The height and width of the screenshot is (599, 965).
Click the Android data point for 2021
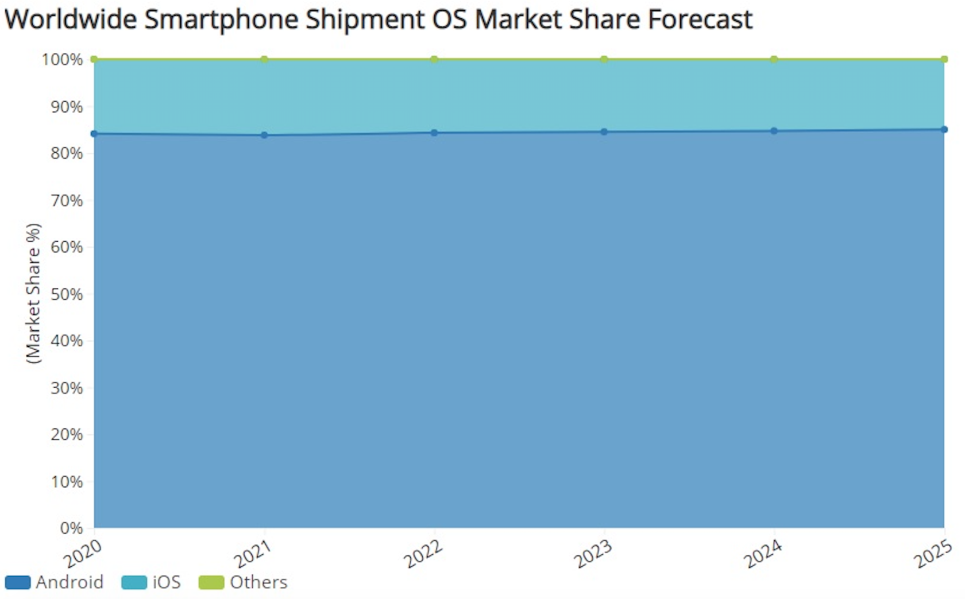coord(264,135)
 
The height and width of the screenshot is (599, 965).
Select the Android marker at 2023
coord(604,132)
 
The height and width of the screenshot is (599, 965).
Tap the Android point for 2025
coord(944,129)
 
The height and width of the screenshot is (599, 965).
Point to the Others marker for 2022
coord(434,59)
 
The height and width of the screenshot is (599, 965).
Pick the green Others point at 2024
coord(774,59)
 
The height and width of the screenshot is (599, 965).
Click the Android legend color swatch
coord(17,582)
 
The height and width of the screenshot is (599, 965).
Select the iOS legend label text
coord(167,582)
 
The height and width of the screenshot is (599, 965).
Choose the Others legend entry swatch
coord(211,582)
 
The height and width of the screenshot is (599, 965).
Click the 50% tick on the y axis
coord(67,294)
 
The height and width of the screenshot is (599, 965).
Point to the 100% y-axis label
coord(62,60)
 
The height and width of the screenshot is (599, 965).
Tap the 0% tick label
coord(71,528)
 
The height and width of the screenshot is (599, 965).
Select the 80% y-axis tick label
coord(67,153)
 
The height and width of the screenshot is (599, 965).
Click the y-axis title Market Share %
coord(33,293)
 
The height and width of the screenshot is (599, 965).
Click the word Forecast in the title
coord(700,20)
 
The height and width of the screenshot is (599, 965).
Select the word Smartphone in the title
coord(222,20)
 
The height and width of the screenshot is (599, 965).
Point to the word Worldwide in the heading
coord(71,20)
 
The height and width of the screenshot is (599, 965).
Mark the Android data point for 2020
coord(94,134)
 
